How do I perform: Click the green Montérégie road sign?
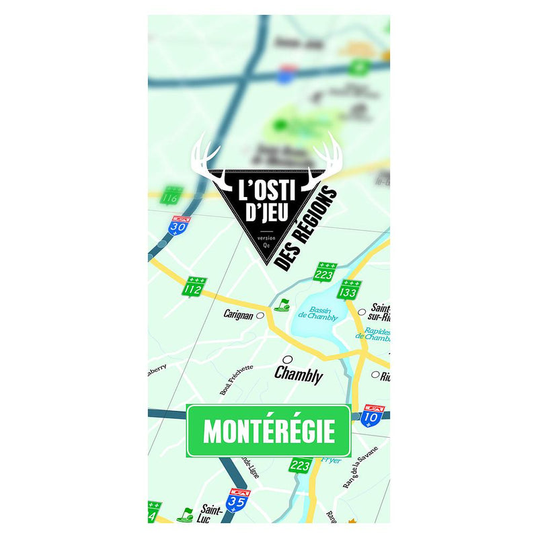(x=268, y=431)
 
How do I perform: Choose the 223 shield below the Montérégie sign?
(x=300, y=464)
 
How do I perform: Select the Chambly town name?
(x=298, y=375)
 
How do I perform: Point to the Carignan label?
(x=239, y=314)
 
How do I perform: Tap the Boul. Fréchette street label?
(x=236, y=379)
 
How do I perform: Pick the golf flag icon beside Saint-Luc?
(x=184, y=514)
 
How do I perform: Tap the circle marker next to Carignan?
(x=260, y=315)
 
